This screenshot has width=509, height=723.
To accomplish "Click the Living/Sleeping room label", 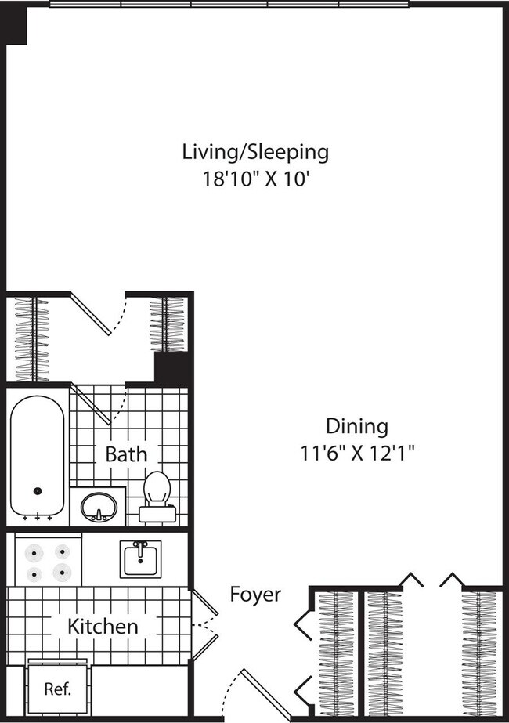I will [x=254, y=151].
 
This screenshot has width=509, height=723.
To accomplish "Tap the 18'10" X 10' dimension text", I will [x=254, y=178].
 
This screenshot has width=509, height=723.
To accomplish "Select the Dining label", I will [x=356, y=426].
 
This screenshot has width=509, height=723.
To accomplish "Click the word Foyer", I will [x=254, y=595].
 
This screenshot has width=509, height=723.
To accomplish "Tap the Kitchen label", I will [x=103, y=626].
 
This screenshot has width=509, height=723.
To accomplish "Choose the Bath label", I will [x=125, y=454].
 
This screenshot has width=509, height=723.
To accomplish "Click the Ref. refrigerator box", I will [x=58, y=689].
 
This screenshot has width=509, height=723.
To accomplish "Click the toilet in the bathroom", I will [x=157, y=495].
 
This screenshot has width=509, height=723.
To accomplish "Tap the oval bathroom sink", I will [x=99, y=507].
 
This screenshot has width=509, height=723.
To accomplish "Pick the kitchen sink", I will [x=140, y=559].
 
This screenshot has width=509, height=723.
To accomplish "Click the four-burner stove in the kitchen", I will [x=49, y=562].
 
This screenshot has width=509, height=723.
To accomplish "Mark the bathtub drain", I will [x=37, y=491].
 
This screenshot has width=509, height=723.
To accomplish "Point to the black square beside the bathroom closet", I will [x=172, y=367].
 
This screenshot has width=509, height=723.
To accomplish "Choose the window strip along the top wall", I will [x=229, y=4].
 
